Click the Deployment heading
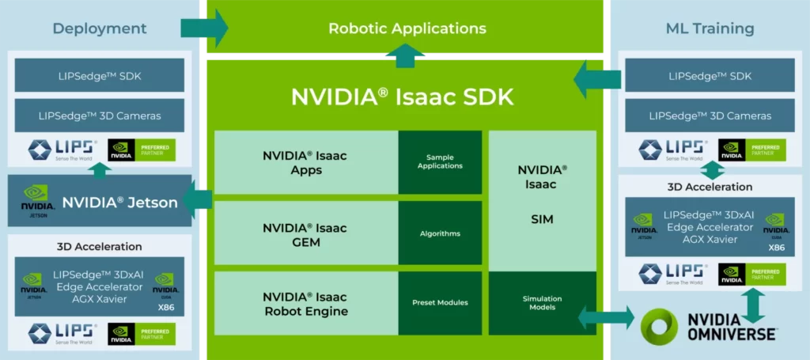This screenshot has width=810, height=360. coord(100,28)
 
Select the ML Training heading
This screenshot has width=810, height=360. coord(710,28)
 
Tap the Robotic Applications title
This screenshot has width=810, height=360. coord(407,28)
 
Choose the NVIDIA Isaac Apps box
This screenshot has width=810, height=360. coord(305,162)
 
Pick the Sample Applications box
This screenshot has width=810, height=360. coord(440,162)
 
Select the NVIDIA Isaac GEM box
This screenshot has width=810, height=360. coord(305,234)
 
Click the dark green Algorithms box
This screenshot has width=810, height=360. coord(440,233)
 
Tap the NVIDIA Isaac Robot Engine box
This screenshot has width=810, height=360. coord(305,303)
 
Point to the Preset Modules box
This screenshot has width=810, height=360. coord(440,302)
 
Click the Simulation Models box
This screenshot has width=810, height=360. coord(542,303)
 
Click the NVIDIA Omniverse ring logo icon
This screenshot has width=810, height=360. coord(659,325)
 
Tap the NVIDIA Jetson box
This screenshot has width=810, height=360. coord(100,203)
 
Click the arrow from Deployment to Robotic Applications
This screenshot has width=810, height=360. coord(204,28)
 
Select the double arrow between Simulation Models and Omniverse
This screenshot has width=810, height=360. coord(606,318)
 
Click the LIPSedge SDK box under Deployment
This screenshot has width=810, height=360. coord(100,75)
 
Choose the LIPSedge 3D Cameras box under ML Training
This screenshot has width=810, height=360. coord(710,116)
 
